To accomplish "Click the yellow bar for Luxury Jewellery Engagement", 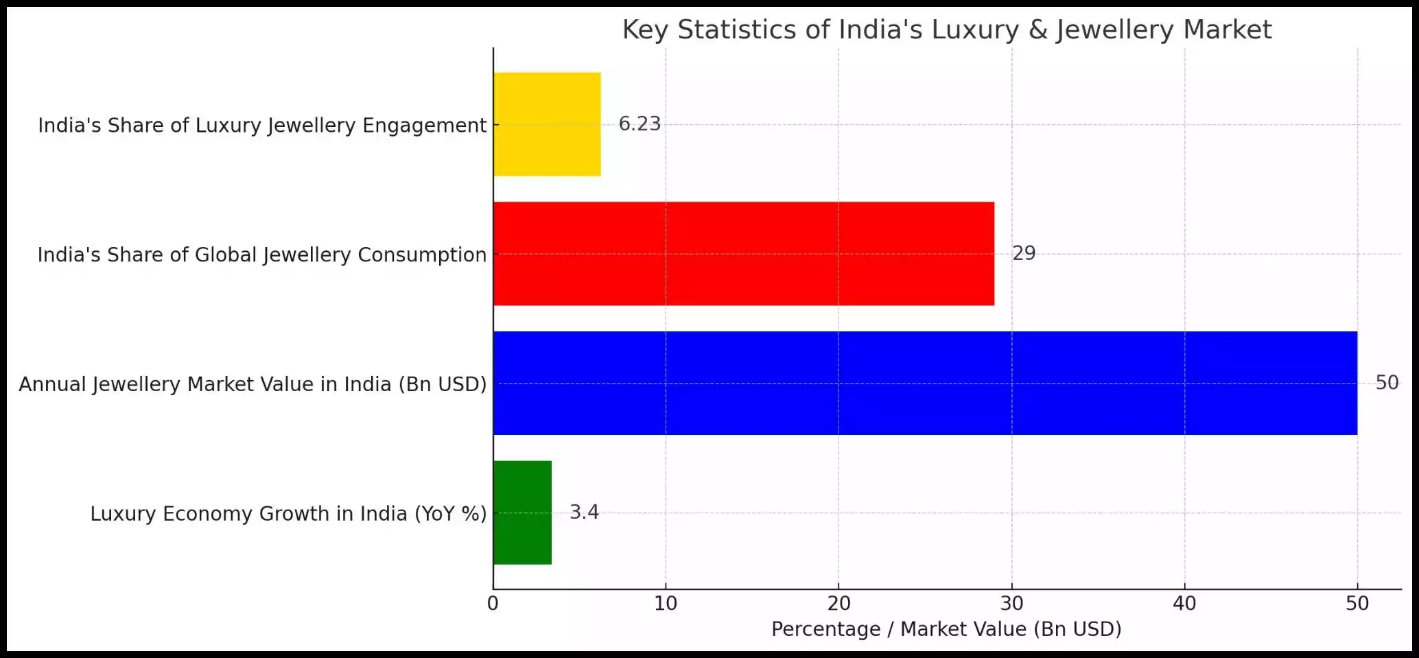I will click(x=547, y=124).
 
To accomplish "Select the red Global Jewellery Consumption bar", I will click(x=743, y=254).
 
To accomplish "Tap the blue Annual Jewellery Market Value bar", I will click(x=924, y=383).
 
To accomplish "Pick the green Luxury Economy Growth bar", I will click(x=522, y=513).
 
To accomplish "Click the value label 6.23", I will click(x=640, y=124).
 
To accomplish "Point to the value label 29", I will click(x=1024, y=253).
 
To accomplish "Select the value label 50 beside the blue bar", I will click(x=1387, y=383).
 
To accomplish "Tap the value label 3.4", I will click(x=584, y=513).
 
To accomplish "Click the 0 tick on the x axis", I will click(x=493, y=604).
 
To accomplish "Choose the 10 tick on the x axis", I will click(x=666, y=604).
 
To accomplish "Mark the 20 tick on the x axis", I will click(x=838, y=604).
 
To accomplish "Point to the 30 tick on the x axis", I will click(x=1011, y=604).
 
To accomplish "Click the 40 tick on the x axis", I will click(x=1184, y=604).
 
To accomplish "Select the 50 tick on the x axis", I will click(x=1357, y=604).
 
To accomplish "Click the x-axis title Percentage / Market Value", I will click(x=946, y=629).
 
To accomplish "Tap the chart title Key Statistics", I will click(x=946, y=30).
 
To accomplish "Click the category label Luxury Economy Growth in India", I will click(x=288, y=514).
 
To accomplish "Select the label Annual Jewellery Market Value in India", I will click(x=253, y=384).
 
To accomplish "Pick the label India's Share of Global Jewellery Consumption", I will click(x=261, y=255).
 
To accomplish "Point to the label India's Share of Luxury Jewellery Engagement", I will click(x=262, y=126).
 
